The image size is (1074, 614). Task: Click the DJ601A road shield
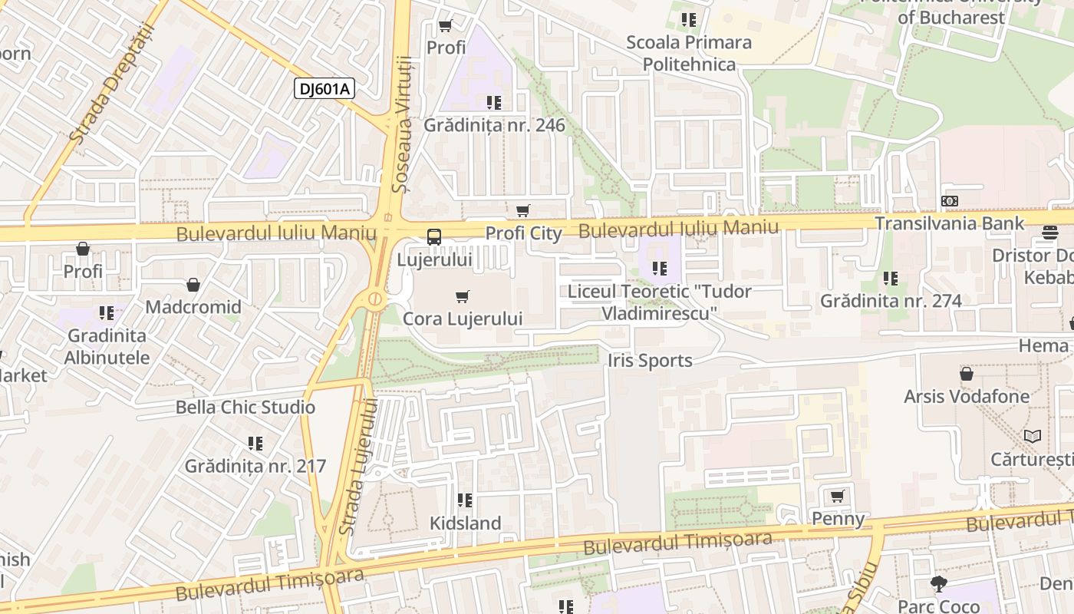tap(324, 89)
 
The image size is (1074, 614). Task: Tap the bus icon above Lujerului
tap(434, 237)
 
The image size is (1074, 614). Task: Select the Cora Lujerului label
tap(463, 319)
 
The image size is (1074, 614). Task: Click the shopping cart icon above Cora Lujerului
tap(462, 297)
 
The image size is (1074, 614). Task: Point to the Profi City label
tap(524, 233)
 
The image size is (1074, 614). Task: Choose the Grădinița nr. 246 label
tap(494, 125)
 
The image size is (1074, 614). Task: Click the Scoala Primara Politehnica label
tap(689, 53)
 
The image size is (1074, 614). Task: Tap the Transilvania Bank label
tap(950, 223)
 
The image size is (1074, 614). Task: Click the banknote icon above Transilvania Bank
tap(950, 201)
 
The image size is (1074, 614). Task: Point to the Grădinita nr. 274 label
tap(891, 301)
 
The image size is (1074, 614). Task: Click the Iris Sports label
tap(650, 361)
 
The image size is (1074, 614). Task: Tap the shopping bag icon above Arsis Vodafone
tap(967, 374)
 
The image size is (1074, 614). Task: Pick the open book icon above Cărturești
tap(1033, 436)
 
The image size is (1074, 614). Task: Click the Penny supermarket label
tap(838, 519)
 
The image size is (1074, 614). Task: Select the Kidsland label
tap(465, 523)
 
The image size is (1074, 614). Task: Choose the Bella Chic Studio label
tap(245, 408)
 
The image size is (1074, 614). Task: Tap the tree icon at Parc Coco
tap(938, 584)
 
